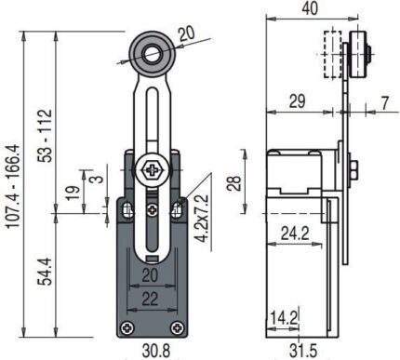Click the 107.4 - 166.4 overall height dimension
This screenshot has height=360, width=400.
(x=14, y=187)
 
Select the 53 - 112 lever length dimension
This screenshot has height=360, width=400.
(x=46, y=135)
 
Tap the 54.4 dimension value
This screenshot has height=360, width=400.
(x=45, y=272)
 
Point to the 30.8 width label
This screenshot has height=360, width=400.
(x=156, y=351)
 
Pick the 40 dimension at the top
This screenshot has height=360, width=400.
(x=310, y=8)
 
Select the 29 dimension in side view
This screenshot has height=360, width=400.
(x=297, y=101)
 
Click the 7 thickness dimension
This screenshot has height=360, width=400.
(x=385, y=103)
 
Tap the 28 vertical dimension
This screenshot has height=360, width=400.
(x=234, y=183)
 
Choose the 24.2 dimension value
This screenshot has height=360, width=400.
(x=295, y=233)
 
